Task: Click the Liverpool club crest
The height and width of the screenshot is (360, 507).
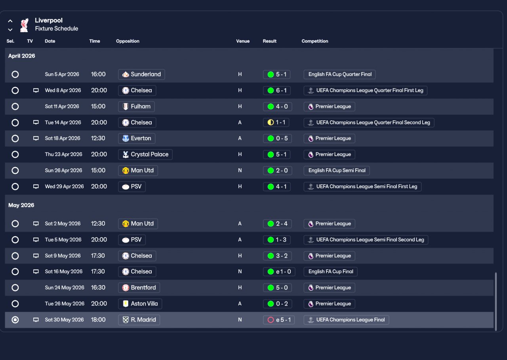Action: pos(24,25)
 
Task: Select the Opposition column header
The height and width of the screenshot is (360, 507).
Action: pos(128,41)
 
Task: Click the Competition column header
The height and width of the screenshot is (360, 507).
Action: pos(314,41)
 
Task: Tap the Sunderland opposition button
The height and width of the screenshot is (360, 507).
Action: pos(141,74)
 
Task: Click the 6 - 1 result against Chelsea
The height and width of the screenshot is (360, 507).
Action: pos(276,91)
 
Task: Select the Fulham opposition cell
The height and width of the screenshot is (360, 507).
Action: pos(136,107)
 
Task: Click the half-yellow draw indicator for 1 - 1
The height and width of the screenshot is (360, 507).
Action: pos(271,122)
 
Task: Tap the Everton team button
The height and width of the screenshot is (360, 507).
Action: pos(137,139)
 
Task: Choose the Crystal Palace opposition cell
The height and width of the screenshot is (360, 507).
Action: pos(145,154)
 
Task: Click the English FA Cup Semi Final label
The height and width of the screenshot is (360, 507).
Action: pos(337,171)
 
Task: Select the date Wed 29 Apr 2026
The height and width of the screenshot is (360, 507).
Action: pos(64,187)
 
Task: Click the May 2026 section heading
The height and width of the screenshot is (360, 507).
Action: pos(21,205)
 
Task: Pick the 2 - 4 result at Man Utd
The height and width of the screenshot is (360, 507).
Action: pos(277,224)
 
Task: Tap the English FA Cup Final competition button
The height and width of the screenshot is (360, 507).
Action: pos(330,272)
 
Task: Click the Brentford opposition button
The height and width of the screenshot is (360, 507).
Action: pos(139,288)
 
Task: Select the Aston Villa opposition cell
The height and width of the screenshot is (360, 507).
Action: pos(140,304)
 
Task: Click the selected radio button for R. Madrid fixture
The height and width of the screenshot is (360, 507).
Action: pos(15,320)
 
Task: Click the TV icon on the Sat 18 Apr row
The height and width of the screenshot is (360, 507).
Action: pos(36,138)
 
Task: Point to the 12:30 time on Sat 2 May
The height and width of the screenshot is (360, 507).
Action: pos(98,224)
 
